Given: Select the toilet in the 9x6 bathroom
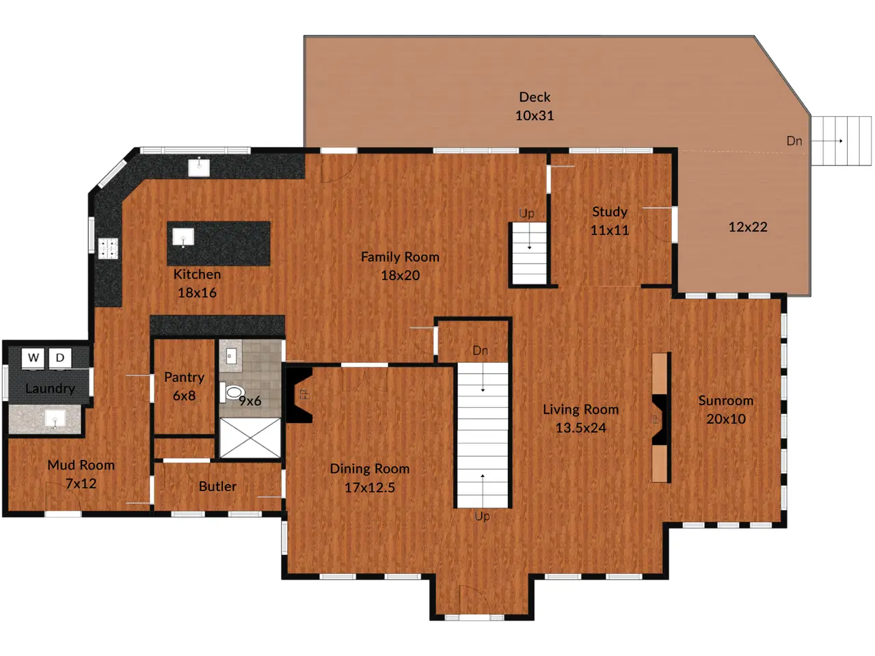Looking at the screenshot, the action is coord(232,392).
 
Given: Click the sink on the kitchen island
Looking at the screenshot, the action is coord(183,237).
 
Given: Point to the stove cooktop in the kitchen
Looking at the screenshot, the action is coord(107,248).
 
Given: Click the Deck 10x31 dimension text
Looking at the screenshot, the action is coord(534,115).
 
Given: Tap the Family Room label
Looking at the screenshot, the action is coord(400,257).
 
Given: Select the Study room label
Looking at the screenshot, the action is coord(610,212).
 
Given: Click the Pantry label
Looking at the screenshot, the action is coord(184,377).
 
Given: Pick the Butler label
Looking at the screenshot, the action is coord(217,487).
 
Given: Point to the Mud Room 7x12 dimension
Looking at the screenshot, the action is coord(81,484).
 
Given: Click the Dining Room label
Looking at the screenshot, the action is coord(370,469).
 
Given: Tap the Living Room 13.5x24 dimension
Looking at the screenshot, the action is coord(581,428).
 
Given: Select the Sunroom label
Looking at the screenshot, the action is coord(726,400).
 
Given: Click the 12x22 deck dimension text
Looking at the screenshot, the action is coord(748,227).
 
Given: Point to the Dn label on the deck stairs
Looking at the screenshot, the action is coord(794,141).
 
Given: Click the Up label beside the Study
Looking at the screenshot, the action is coord(526,214).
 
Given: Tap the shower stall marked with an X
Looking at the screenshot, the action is coord(250,438).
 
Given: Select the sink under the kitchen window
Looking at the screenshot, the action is coord(199,167).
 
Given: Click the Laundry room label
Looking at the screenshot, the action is coord(50,389).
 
